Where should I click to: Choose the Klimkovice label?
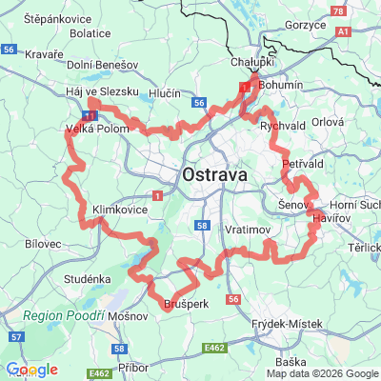tap(120, 207)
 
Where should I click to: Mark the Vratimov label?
tap(251, 231)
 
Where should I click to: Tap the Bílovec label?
tap(39, 244)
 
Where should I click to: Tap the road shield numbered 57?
tap(16, 337)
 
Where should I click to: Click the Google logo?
tap(31, 370)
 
